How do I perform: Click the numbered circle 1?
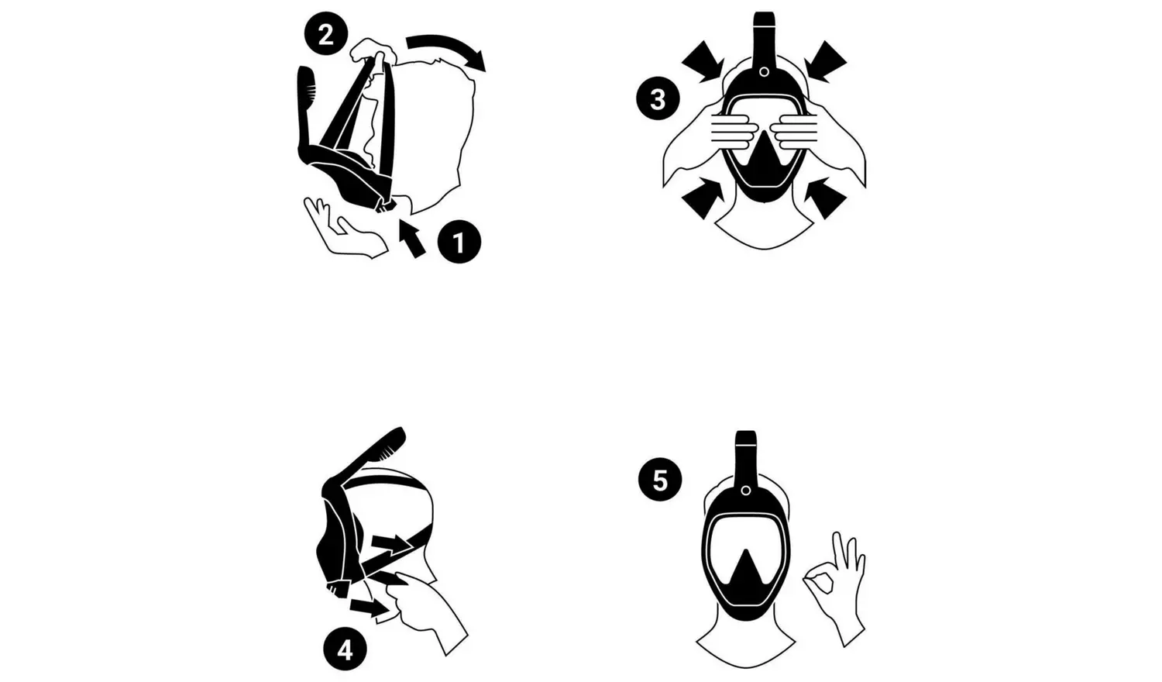459,242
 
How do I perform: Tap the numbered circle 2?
326,35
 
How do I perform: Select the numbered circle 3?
658,98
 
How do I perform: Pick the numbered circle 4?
345,649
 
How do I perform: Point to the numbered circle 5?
660,479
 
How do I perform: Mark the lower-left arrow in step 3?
703,198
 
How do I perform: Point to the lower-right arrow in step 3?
825,198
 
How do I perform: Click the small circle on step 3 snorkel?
764,71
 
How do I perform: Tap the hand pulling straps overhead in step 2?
373,51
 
